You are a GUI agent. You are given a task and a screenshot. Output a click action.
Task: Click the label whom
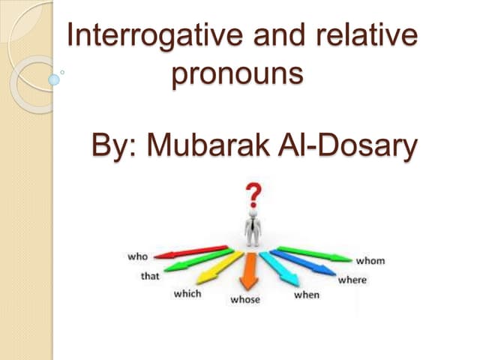click(x=370, y=260)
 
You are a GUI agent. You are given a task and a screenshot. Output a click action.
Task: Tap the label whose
click(x=244, y=300)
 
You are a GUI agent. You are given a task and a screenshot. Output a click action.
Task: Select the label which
click(x=187, y=293)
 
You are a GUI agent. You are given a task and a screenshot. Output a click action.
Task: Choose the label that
click(x=150, y=276)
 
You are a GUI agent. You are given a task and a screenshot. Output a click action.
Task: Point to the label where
click(x=352, y=280)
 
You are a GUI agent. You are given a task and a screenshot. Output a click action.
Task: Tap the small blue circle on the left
click(x=53, y=78)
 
